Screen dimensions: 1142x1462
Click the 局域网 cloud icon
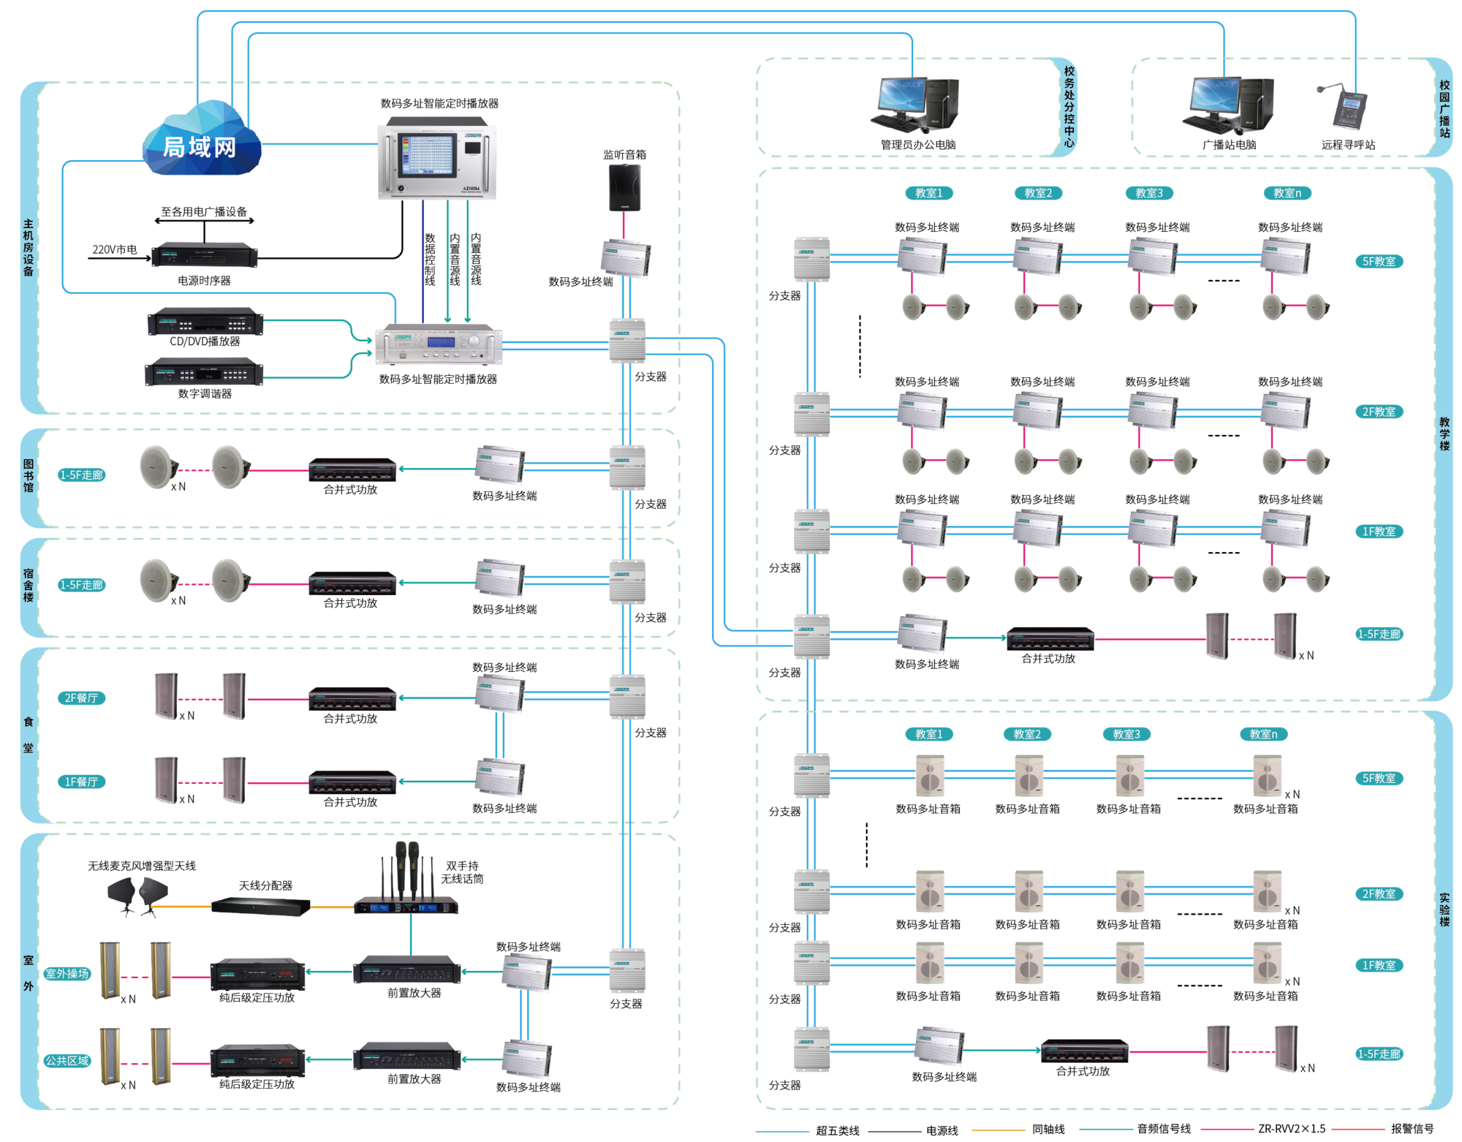[201, 143]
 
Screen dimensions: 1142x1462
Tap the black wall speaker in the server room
[625, 188]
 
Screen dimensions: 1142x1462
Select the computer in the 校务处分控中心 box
[914, 105]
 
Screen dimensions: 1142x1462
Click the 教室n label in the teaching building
[1287, 193]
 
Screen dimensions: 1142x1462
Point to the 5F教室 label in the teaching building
[1379, 262]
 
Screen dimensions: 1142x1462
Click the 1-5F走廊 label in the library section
[82, 475]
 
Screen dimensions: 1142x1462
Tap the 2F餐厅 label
[81, 698]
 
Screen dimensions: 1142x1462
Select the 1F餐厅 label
[81, 782]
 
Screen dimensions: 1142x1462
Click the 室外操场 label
[67, 973]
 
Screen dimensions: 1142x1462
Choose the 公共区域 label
[67, 1060]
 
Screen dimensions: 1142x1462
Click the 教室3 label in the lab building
[1126, 734]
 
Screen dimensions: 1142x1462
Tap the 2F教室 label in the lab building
[1379, 894]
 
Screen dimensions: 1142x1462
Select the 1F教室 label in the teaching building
[1379, 532]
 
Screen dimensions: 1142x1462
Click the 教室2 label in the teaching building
[1038, 193]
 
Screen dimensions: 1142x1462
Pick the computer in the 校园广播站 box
[1228, 105]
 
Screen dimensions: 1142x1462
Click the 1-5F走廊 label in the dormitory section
[82, 585]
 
